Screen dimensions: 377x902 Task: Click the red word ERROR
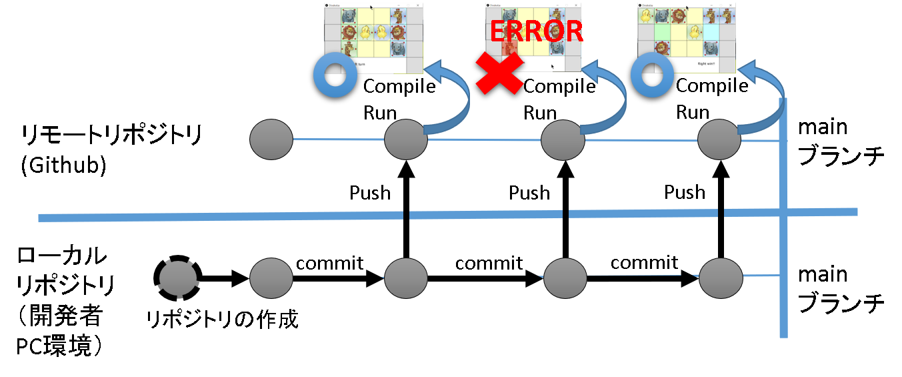point(536,31)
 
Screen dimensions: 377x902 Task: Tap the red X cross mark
point(499,73)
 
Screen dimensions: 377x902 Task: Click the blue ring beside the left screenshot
point(335,75)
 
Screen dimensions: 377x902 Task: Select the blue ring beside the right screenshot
point(652,75)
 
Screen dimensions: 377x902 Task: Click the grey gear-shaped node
point(178,278)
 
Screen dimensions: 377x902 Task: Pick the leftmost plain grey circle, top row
point(271,139)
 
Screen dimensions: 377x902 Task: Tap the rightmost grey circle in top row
point(719,139)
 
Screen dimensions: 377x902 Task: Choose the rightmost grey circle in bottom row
point(721,278)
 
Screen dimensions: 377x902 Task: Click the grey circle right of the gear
point(271,278)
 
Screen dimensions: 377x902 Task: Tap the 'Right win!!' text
point(706,64)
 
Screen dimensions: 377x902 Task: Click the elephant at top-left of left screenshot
point(349,16)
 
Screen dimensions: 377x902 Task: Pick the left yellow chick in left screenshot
point(365,32)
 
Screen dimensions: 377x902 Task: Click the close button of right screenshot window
point(731,5)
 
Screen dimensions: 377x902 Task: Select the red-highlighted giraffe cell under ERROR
point(509,47)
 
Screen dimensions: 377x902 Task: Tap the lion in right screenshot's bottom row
point(662,48)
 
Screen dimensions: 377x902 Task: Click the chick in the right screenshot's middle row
point(695,32)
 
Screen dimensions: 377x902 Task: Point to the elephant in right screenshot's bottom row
point(711,48)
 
